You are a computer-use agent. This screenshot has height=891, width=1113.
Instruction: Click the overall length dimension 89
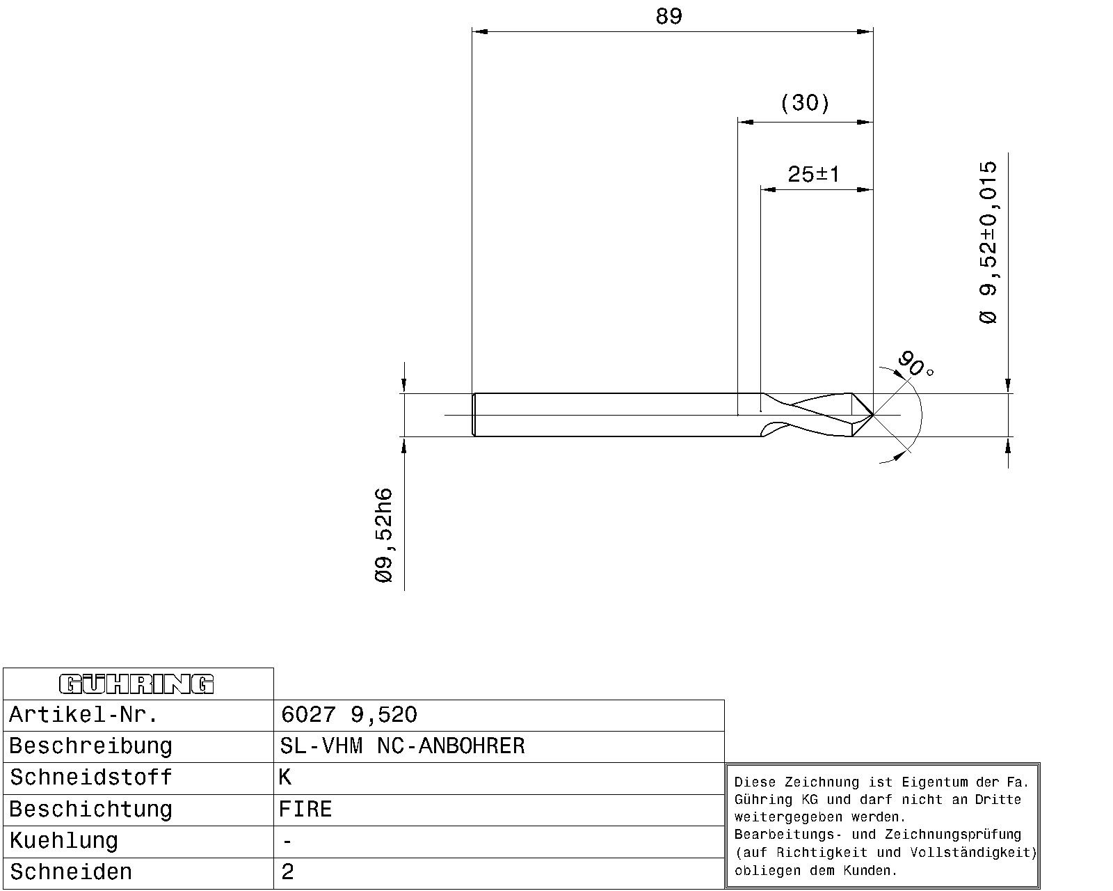[x=668, y=17]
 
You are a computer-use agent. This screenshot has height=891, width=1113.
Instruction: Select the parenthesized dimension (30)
[x=805, y=102]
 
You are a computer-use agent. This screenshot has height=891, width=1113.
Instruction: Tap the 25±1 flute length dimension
[x=814, y=174]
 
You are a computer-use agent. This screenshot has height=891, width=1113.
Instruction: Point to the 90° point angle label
[x=915, y=365]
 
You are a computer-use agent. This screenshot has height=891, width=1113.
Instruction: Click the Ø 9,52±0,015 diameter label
[x=988, y=242]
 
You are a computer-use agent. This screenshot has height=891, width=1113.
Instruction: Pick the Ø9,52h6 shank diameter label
[x=384, y=535]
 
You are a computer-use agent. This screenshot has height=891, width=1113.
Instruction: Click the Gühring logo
[x=136, y=684]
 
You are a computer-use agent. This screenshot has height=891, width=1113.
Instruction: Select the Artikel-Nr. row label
[x=83, y=714]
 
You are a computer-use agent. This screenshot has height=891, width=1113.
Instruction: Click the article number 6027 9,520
[x=349, y=714]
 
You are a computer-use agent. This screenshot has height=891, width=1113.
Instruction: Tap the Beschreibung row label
[x=90, y=746]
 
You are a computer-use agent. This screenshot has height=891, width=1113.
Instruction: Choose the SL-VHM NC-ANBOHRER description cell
[x=402, y=746]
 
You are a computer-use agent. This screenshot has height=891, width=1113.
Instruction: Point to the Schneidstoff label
[x=90, y=778]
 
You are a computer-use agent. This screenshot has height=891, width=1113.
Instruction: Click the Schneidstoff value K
[x=285, y=778]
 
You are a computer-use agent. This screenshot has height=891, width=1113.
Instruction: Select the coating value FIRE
[x=305, y=809]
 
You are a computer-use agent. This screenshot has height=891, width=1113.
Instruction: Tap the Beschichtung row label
[x=90, y=809]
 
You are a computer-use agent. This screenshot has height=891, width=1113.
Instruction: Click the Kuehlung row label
[x=63, y=841]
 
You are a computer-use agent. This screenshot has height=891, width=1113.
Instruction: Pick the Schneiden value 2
[x=287, y=872]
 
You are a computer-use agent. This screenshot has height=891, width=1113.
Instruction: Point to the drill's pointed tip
[x=873, y=415]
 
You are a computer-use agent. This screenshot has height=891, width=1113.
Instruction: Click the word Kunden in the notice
[x=870, y=870]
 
